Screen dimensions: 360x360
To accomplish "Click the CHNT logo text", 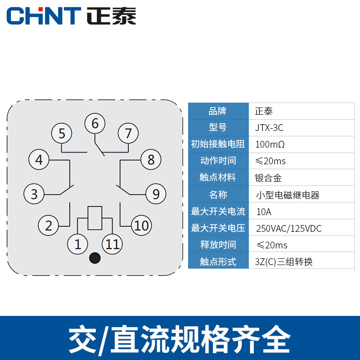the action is tap(44, 16).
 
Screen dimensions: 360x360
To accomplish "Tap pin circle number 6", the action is tap(94, 124).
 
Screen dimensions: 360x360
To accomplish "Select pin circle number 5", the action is tap(62, 133).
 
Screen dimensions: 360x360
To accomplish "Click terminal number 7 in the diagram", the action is tap(128, 133).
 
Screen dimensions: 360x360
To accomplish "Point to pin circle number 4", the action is tap(39, 159).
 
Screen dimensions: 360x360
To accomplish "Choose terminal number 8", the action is tap(151, 159).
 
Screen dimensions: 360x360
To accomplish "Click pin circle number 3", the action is tap(34, 194).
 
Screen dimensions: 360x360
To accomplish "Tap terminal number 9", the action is tap(156, 194).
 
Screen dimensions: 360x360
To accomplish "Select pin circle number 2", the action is tap(49, 225).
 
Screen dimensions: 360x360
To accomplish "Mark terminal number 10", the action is tap(141, 225).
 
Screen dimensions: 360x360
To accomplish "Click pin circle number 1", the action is tap(78, 244).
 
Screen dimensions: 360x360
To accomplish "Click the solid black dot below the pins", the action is tap(95, 258).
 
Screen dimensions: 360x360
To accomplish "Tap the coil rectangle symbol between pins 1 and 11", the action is tap(95, 218).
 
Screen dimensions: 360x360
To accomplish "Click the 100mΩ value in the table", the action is tap(270, 144).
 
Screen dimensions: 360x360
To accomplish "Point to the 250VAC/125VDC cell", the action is tap(288, 229).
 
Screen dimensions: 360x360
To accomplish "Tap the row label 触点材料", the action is tap(218, 178).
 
